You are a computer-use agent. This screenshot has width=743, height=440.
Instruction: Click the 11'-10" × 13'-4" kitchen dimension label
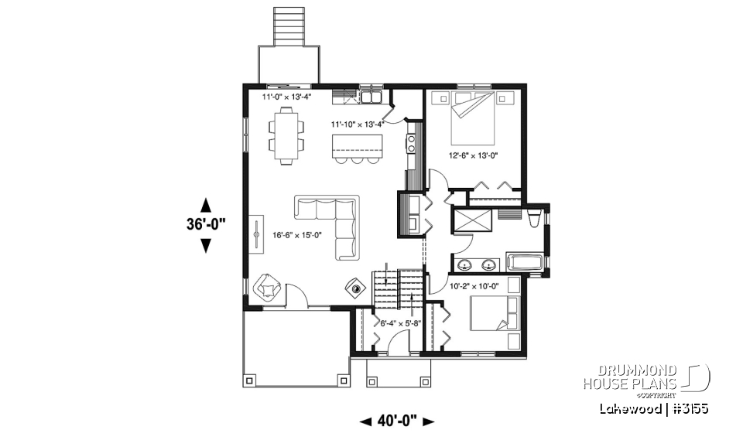click(x=358, y=123)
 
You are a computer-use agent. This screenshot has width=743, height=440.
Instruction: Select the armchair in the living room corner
click(x=267, y=287)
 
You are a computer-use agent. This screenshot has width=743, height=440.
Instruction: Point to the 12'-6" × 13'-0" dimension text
click(x=474, y=155)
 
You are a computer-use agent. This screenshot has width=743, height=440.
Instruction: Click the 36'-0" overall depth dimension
click(x=206, y=225)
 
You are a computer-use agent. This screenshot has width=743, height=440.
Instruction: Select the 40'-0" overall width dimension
click(x=397, y=421)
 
